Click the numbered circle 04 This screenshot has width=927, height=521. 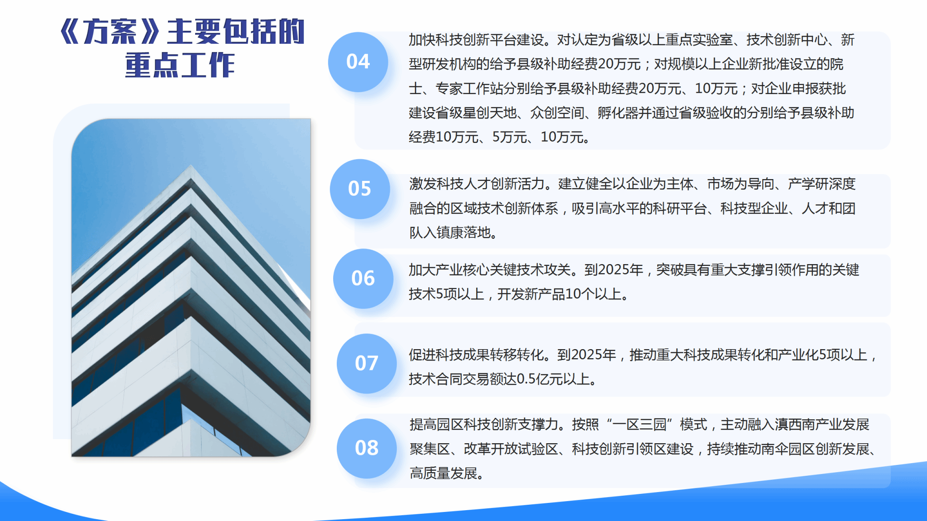coord(358,62)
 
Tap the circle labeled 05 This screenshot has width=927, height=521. coord(360,189)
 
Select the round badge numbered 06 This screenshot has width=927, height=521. coord(363,279)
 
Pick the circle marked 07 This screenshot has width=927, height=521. coord(367,364)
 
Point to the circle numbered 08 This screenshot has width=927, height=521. coord(367,448)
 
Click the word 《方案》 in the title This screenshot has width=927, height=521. coord(110,32)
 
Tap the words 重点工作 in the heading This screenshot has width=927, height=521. coord(180,65)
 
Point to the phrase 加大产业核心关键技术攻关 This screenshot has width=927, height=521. coord(490,270)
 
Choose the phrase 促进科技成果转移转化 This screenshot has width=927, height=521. coord(476,355)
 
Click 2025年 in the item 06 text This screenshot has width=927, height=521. coord(614,270)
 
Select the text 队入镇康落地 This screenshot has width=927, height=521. coord(450,232)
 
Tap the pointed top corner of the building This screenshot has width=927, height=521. coord(191,166)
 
